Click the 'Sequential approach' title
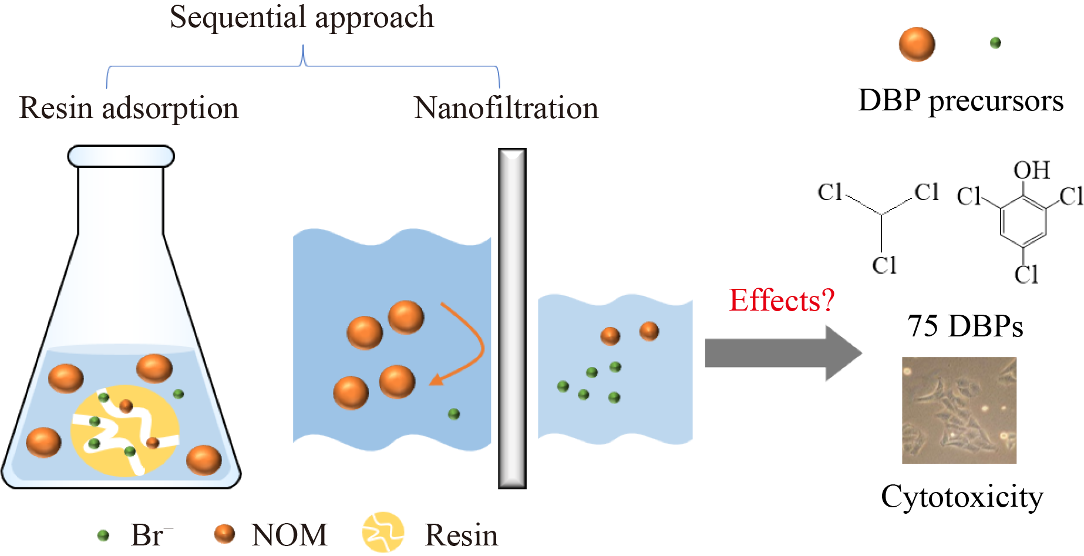pos(302,18)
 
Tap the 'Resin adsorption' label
pos(129,109)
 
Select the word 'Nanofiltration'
pos(506,109)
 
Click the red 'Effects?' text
pos(781,301)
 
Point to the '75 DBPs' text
pos(965,326)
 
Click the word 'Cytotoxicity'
pos(962,497)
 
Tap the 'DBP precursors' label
pos(961,101)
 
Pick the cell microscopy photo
pos(959,410)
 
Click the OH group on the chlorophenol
pos(1031,170)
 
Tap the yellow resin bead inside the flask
pos(124,430)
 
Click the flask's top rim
pos(121,156)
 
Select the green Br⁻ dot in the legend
pos(103,535)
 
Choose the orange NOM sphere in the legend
pos(224,534)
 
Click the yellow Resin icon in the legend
pos(383,533)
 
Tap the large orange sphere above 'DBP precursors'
pos(917,44)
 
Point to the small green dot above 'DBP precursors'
pos(995,43)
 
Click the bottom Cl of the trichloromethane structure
pos(884,265)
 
